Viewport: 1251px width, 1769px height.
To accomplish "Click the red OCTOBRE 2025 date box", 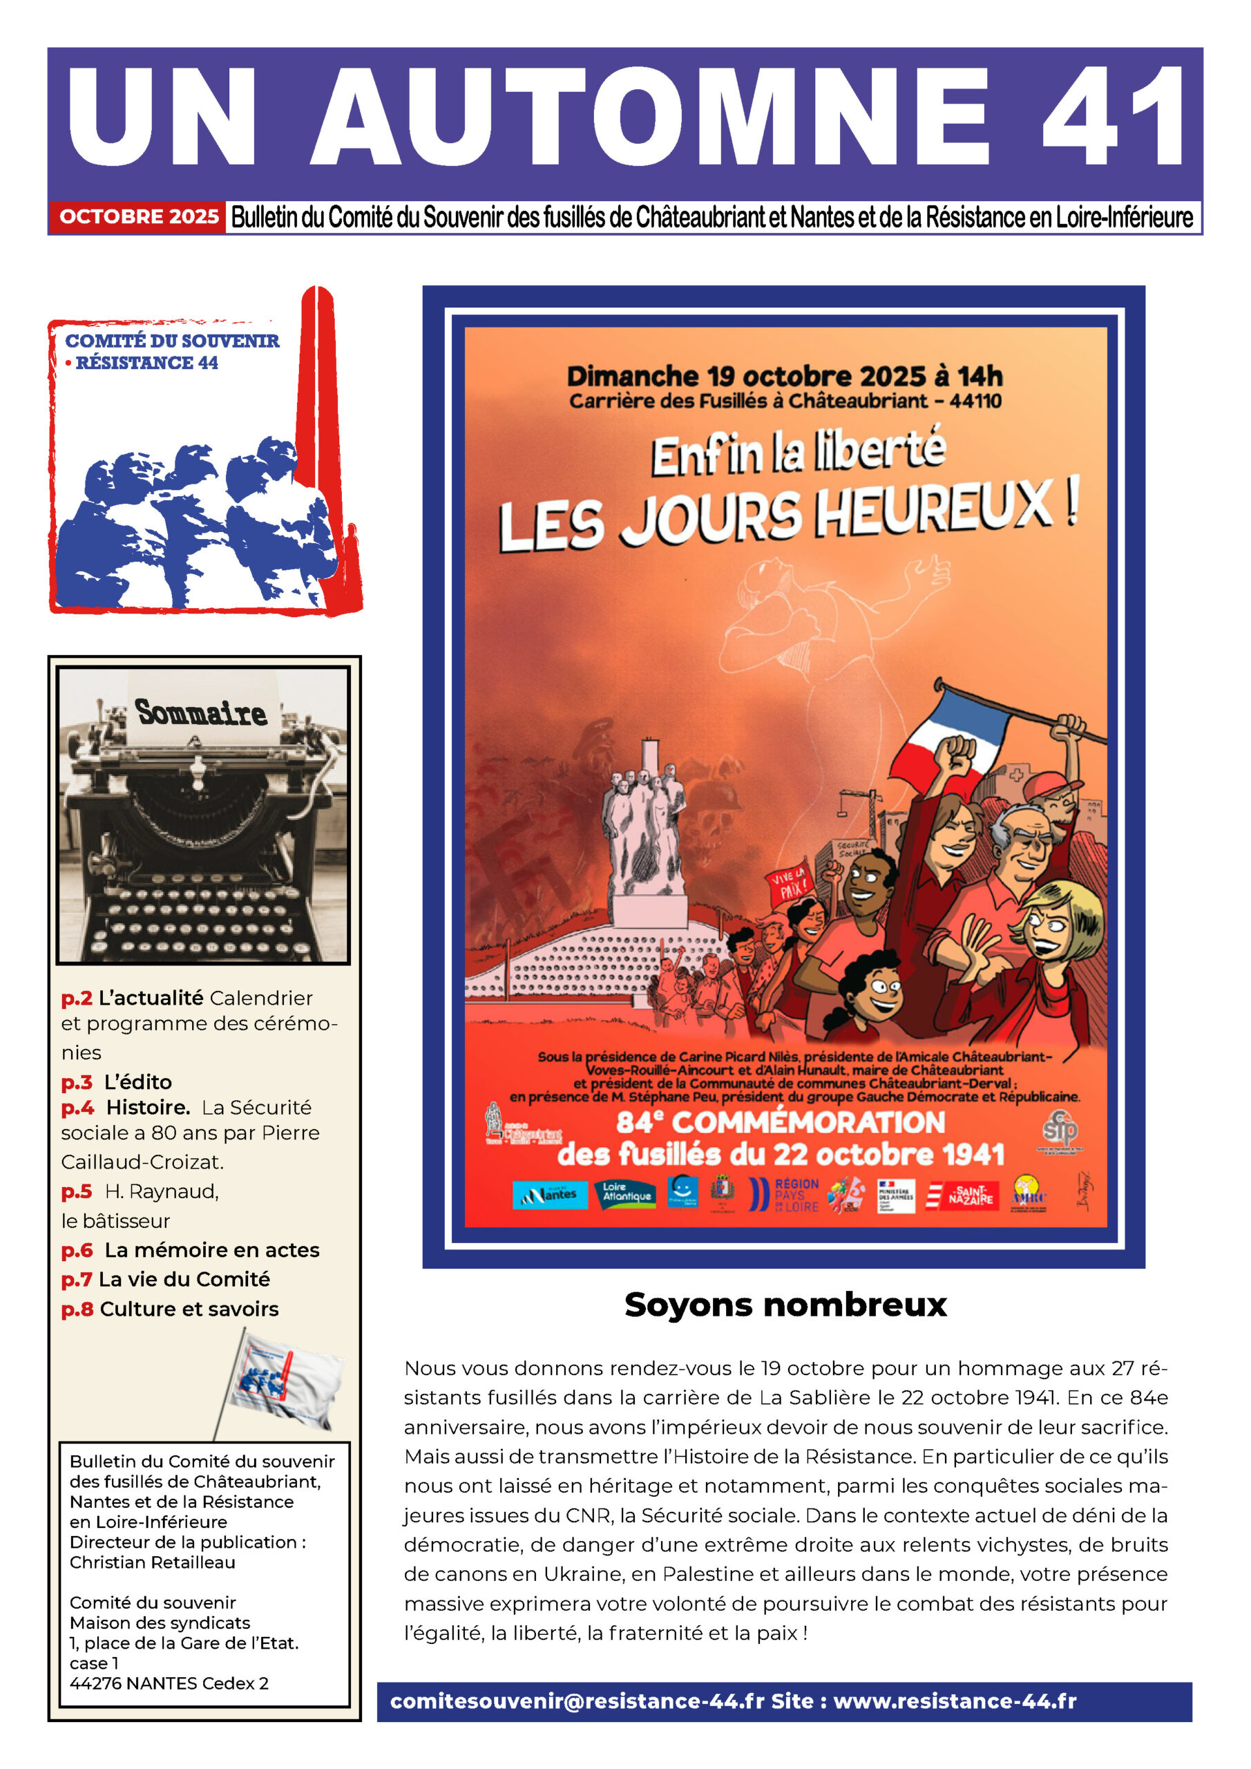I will pos(139,216).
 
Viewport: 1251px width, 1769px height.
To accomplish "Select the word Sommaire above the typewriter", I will pos(201,712).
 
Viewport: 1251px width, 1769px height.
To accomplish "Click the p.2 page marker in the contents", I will pos(76,998).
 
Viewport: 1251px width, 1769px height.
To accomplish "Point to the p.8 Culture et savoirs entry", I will pos(170,1308).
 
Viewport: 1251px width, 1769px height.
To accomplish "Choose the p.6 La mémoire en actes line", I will pos(190,1250).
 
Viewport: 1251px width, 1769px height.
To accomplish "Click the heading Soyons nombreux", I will pos(785,1305).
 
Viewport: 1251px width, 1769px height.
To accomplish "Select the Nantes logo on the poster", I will pos(548,1194).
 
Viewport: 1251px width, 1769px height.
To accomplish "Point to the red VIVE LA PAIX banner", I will pos(789,884).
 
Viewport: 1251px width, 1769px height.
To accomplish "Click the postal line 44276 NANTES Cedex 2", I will pos(169,1683).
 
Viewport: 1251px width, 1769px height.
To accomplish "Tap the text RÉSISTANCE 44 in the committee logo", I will pos(146,363).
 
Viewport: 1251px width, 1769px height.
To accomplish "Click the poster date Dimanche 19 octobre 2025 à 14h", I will pos(785,376).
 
